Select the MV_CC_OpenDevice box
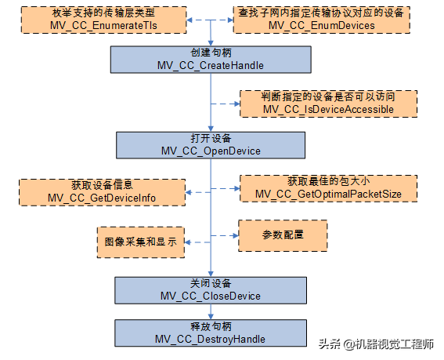(210, 145)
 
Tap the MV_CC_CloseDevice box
(210, 289)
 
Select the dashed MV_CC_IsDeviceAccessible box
(328, 103)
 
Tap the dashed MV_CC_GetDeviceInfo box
(102, 191)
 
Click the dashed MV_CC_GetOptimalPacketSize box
(328, 188)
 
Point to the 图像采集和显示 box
(140, 242)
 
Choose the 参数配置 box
(282, 235)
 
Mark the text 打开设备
(210, 139)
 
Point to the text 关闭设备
(210, 283)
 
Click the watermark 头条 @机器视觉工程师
(376, 344)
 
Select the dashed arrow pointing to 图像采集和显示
(197, 242)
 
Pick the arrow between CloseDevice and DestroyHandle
(210, 311)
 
